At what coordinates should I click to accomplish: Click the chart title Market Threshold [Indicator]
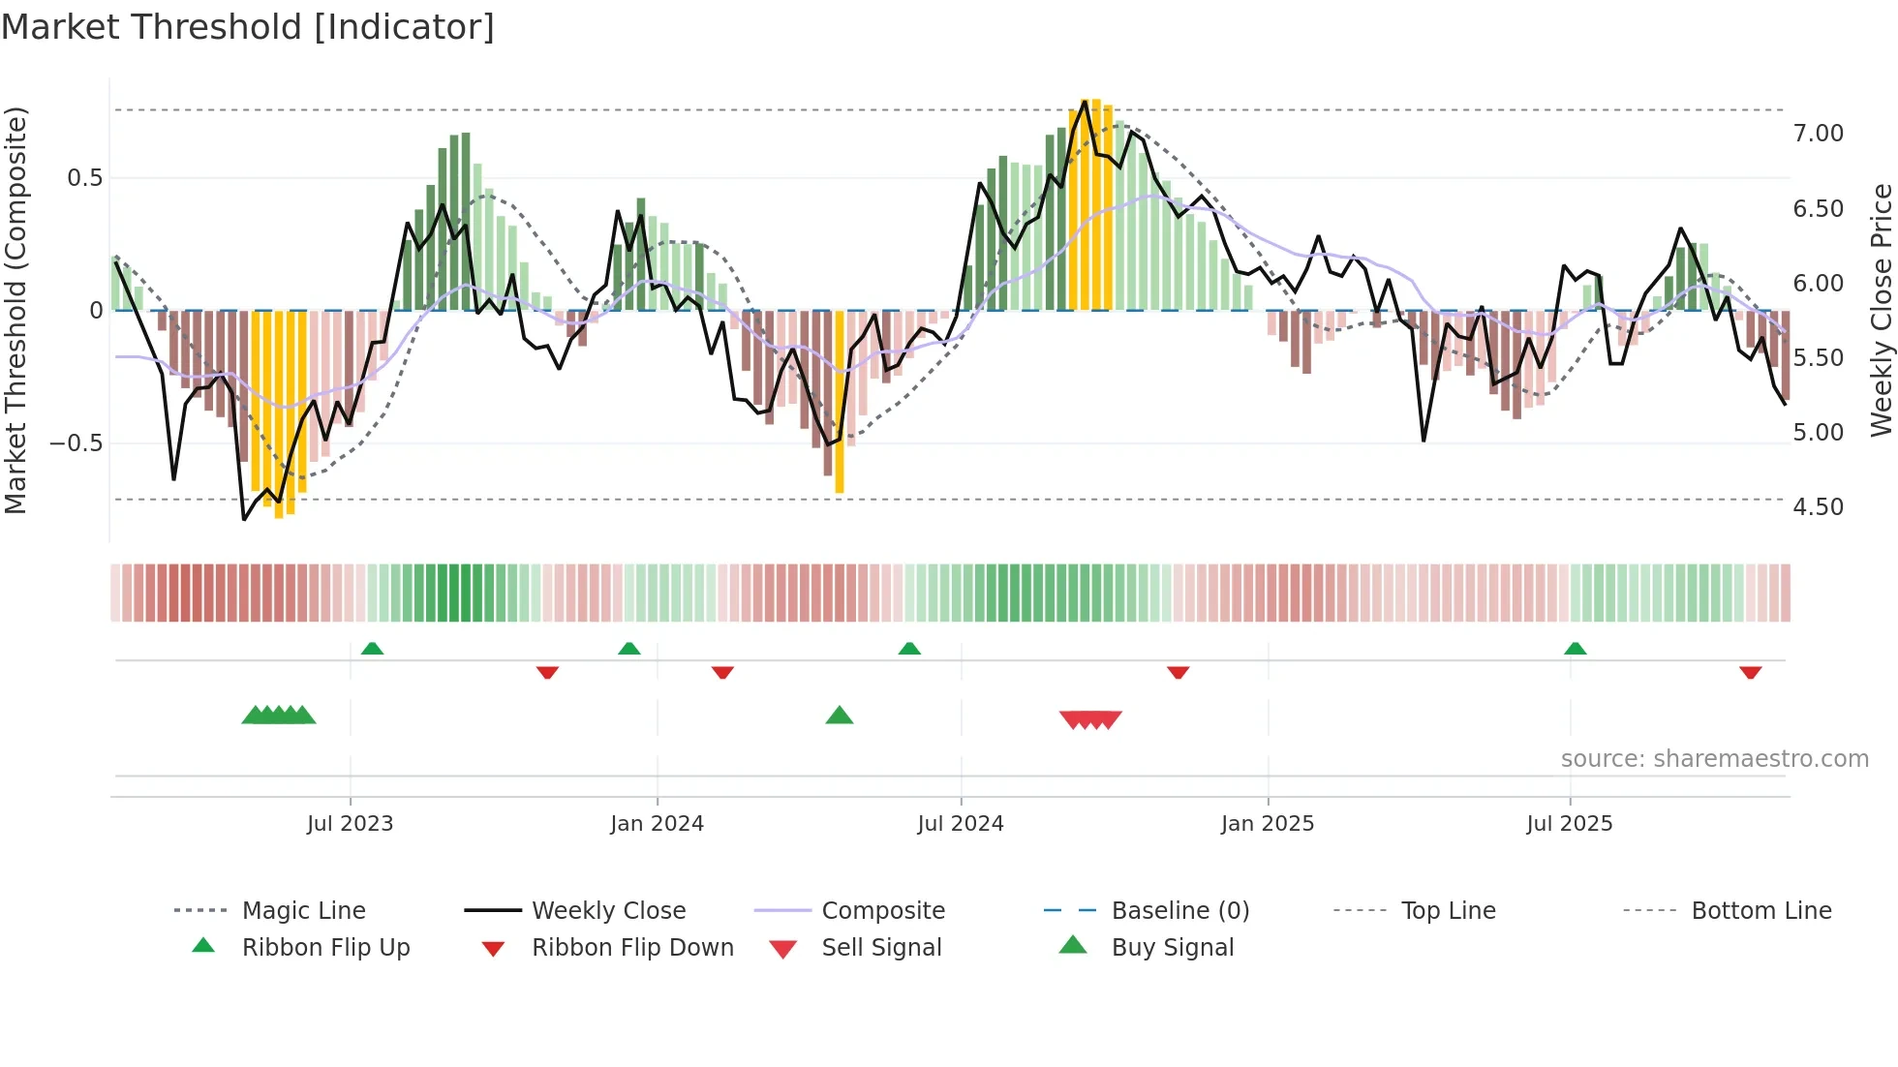(x=248, y=27)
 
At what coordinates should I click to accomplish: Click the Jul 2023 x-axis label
(x=350, y=824)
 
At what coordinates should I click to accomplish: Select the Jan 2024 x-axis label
(x=657, y=824)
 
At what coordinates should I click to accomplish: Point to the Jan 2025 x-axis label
(x=1267, y=824)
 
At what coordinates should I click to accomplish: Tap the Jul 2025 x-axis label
(x=1569, y=824)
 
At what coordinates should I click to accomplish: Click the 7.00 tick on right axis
(x=1818, y=134)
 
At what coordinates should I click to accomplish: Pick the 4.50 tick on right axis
(x=1818, y=507)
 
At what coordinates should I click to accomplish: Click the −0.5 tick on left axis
(x=76, y=443)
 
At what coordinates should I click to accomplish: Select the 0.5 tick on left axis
(x=84, y=178)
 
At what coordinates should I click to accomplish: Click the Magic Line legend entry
(x=303, y=911)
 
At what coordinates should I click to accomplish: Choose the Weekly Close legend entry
(x=608, y=911)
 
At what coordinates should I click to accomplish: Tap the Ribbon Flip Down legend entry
(x=632, y=948)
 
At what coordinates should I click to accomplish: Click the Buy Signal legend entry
(x=1172, y=948)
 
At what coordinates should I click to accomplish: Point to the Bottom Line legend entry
(x=1760, y=911)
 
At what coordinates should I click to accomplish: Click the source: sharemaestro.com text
(x=1714, y=759)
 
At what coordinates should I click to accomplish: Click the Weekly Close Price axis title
(x=1881, y=310)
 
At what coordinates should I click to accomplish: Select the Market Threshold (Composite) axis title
(x=15, y=310)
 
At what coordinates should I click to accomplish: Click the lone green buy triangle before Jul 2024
(x=840, y=716)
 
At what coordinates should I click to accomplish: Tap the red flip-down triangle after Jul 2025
(x=1750, y=672)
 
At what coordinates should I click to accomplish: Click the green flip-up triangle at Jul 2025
(x=1575, y=649)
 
